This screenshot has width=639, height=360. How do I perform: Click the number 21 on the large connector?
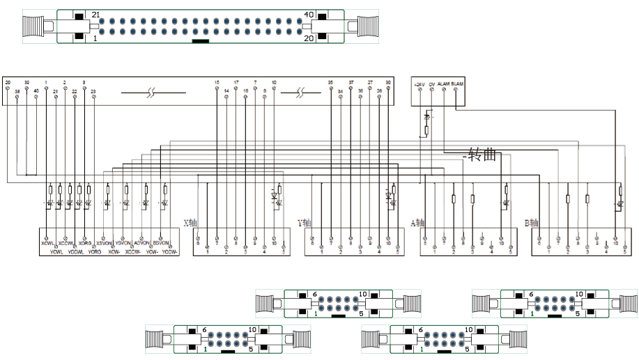tap(96, 15)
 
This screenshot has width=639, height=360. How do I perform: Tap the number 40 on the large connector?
tap(309, 15)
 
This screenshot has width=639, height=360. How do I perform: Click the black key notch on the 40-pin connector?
tap(200, 40)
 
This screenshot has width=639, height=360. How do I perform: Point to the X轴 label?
tap(190, 224)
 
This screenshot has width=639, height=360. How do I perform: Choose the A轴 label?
tap(417, 224)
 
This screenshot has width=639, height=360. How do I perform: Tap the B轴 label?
tap(532, 224)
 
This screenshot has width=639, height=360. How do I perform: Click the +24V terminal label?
tap(419, 84)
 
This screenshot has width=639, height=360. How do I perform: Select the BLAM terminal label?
tap(457, 84)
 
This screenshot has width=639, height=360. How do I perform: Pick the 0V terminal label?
tap(432, 84)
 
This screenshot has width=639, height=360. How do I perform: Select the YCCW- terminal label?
tap(170, 251)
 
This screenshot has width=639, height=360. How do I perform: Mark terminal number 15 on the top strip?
tap(217, 82)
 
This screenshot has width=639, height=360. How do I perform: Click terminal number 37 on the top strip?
tap(351, 82)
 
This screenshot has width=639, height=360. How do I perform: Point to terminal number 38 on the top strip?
tap(17, 91)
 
